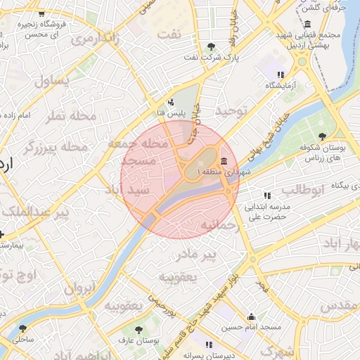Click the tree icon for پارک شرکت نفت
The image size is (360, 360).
(212, 46)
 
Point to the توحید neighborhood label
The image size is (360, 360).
(232, 111)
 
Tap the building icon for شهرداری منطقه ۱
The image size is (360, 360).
(224, 162)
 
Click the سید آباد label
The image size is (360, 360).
(127, 190)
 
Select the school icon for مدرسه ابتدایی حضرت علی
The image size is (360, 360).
(266, 195)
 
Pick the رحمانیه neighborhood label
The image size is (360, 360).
(220, 226)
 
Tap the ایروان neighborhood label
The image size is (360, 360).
(79, 288)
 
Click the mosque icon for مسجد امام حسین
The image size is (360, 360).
(251, 317)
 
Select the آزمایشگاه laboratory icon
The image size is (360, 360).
(281, 74)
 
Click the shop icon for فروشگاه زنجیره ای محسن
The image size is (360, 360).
(41, 13)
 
